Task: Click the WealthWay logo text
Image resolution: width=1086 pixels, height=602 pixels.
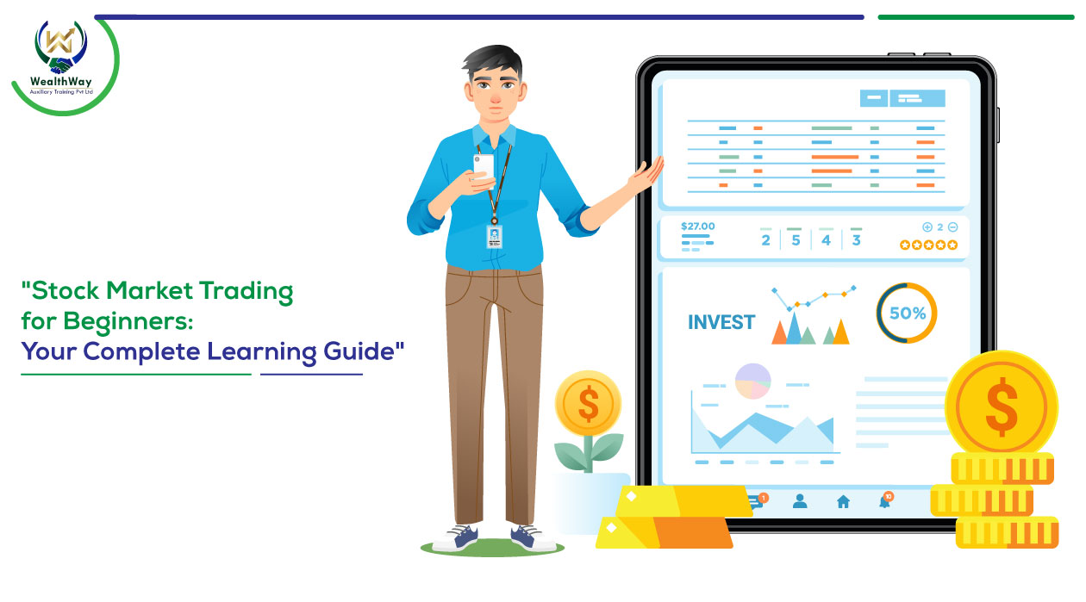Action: click(60, 81)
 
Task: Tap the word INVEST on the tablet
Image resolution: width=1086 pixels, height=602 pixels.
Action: click(721, 322)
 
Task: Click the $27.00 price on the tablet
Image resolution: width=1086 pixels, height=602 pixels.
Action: click(697, 227)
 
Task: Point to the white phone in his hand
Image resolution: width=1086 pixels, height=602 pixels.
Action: click(484, 167)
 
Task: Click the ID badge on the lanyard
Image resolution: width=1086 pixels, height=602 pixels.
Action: click(494, 236)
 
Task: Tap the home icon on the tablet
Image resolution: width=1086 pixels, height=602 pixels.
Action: click(843, 502)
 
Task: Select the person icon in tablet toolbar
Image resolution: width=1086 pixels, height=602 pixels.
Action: click(800, 501)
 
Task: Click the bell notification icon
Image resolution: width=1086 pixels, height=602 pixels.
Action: click(886, 500)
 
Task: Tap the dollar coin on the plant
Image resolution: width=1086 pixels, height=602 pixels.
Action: click(588, 403)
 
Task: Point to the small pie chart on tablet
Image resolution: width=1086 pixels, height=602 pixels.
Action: click(753, 382)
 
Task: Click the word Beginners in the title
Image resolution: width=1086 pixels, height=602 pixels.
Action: click(128, 321)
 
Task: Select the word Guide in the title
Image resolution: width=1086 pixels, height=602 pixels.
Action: click(359, 351)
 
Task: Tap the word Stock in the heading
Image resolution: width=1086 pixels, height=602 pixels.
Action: click(65, 290)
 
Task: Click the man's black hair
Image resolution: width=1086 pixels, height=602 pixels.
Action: click(493, 61)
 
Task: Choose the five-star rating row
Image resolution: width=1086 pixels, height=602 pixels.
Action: click(928, 245)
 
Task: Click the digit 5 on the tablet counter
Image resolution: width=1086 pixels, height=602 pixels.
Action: click(796, 240)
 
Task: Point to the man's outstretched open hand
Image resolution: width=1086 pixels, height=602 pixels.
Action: click(646, 177)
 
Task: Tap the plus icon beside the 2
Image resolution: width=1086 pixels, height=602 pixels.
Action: click(927, 227)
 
